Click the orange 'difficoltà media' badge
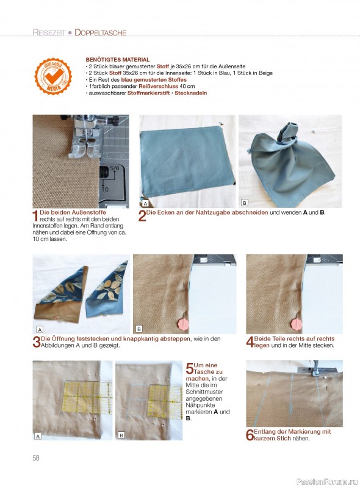point(53,76)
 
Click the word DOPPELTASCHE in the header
point(100,32)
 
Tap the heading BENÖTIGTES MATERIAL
point(118,59)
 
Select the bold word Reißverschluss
point(158,86)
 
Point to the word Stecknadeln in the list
point(190,93)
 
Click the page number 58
point(36,458)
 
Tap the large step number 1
point(35,216)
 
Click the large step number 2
point(142,216)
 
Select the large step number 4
point(250,342)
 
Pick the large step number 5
point(189,368)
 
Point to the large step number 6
point(250,435)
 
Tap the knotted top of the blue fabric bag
point(288,131)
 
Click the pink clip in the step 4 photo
point(297,324)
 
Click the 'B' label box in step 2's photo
point(245,203)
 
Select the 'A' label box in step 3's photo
point(40,329)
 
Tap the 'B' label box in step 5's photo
point(121,436)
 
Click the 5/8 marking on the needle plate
point(115,168)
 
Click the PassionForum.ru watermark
point(326,482)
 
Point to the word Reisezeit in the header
point(49,32)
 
